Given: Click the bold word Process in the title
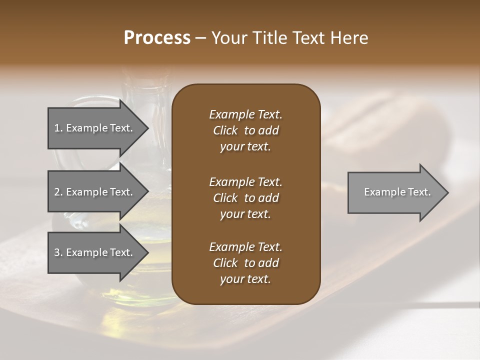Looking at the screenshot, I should click(x=157, y=38).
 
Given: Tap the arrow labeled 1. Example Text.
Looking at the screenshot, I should click(x=95, y=128).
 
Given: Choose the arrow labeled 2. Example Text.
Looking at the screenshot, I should click(x=95, y=192).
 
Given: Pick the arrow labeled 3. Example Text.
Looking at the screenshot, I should click(x=95, y=252).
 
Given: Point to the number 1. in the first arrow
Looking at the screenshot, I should click(x=58, y=128).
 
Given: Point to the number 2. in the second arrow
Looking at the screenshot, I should click(x=58, y=192).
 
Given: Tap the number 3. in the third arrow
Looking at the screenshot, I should click(x=58, y=252).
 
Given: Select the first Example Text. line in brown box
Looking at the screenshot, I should click(x=245, y=114).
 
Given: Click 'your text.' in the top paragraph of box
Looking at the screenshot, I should click(x=245, y=147).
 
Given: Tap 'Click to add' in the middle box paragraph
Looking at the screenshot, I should click(x=245, y=198).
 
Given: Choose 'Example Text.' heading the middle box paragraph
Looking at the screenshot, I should click(x=245, y=181).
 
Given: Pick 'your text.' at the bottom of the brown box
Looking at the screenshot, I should click(x=245, y=279).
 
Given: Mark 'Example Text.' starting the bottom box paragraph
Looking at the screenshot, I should click(x=245, y=247).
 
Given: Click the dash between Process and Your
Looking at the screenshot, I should click(x=200, y=38).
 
